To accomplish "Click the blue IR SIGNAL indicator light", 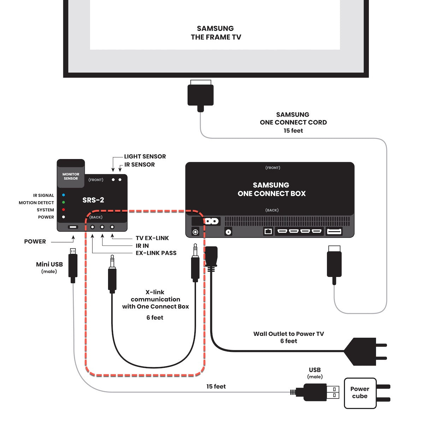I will click(64, 195).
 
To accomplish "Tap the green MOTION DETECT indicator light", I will click(64, 202).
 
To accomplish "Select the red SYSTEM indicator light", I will click(64, 210).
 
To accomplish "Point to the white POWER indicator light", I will click(64, 217).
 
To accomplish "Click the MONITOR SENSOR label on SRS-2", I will click(71, 176).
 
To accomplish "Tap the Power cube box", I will click(360, 393).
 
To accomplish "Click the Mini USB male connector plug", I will click(73, 265).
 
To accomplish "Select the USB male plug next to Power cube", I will click(318, 392).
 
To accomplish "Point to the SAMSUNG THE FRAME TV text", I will click(216, 33).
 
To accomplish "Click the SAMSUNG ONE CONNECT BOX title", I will click(271, 189).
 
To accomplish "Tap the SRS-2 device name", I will click(93, 200).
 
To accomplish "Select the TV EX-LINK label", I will click(152, 238).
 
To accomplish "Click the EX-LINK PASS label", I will click(156, 253).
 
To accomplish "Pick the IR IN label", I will click(142, 246).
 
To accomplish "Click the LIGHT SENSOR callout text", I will click(145, 157).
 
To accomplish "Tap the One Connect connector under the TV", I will click(200, 95).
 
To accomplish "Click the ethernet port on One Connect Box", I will click(268, 231).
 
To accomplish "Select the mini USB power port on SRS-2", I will click(73, 226).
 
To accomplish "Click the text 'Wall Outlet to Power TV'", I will click(288, 334).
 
